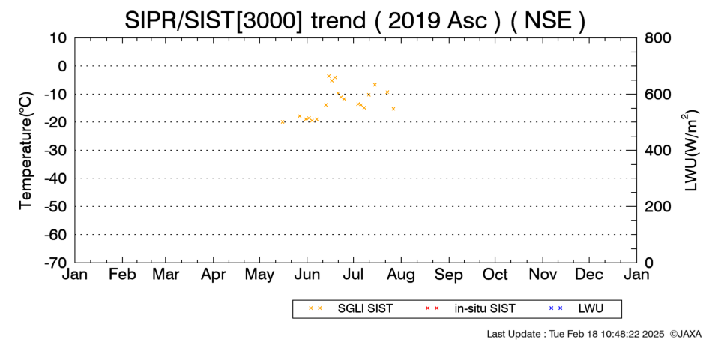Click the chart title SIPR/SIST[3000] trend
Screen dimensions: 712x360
(246, 20)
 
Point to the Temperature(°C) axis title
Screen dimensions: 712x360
(26, 151)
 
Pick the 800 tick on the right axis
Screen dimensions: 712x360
(657, 38)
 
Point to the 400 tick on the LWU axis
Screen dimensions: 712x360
(657, 151)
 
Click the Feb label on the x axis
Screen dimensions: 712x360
(122, 274)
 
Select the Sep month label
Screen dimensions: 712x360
(449, 274)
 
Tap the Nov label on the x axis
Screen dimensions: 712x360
(543, 274)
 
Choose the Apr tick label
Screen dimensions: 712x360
(213, 274)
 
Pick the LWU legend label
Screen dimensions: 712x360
(591, 309)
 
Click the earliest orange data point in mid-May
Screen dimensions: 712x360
(283, 121)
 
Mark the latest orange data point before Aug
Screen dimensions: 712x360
(393, 109)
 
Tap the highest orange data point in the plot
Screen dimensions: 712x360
(328, 76)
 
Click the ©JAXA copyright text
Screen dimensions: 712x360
(685, 334)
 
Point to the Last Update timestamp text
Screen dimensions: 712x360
(576, 334)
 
